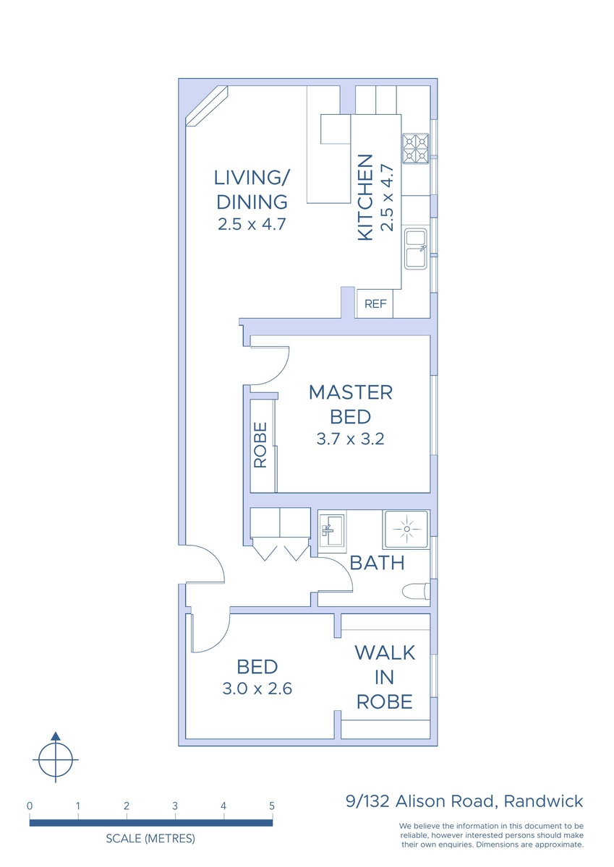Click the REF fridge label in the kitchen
coord(375,304)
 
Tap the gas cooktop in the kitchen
coord(416,149)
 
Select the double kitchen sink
coord(416,249)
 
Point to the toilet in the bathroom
coord(416,591)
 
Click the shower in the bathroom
coord(406,529)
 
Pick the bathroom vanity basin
coord(332,530)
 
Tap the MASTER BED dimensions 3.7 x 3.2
coord(350,439)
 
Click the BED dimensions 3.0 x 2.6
coord(257,689)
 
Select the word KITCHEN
coord(365,197)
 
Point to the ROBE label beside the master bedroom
coord(260,445)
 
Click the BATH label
coord(377,563)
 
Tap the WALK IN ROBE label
coord(385,678)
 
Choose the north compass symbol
coord(56,759)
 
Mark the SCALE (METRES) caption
coord(150,838)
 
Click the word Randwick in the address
coord(543,801)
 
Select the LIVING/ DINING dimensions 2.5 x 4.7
coord(252,224)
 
